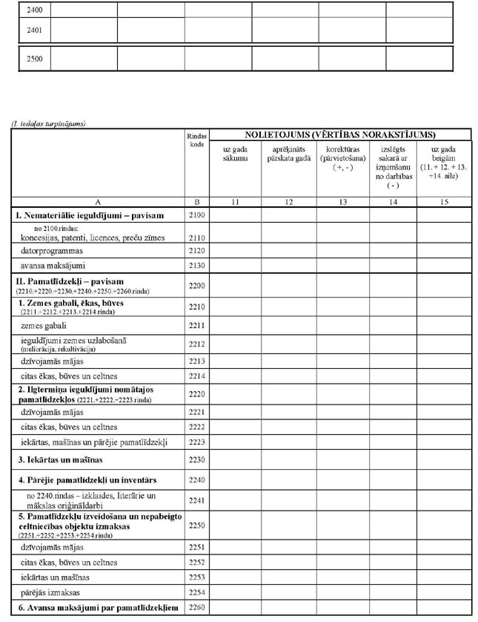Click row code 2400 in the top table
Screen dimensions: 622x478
coord(35,10)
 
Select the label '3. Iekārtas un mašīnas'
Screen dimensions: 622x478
coord(62,460)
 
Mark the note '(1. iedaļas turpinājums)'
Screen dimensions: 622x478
coord(48,123)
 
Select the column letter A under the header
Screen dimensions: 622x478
coord(99,200)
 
